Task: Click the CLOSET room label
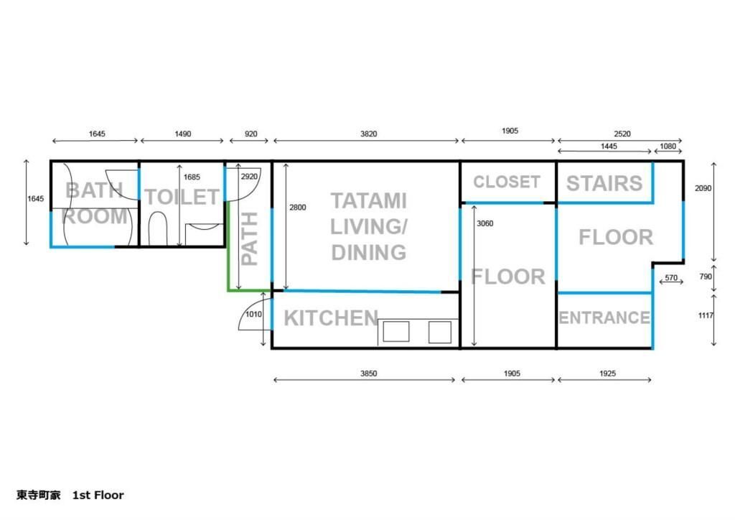click(x=506, y=182)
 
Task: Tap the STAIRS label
click(x=604, y=183)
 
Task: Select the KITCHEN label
click(x=331, y=318)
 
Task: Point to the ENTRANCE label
click(x=604, y=318)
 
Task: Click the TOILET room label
click(x=182, y=197)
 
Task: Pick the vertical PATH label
click(x=249, y=238)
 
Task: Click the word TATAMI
click(x=368, y=201)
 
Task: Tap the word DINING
click(x=368, y=253)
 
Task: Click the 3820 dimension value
click(x=368, y=134)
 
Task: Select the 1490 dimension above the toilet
click(x=183, y=134)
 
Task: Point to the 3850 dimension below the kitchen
click(x=368, y=373)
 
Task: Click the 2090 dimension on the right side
click(x=703, y=188)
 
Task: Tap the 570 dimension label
click(x=671, y=277)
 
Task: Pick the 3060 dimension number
click(x=484, y=223)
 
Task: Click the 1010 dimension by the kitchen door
click(x=253, y=314)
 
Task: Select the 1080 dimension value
click(x=668, y=147)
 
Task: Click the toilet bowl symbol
click(x=157, y=229)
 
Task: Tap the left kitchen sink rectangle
click(x=396, y=332)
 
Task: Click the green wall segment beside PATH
click(x=228, y=246)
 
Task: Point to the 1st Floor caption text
click(x=98, y=495)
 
